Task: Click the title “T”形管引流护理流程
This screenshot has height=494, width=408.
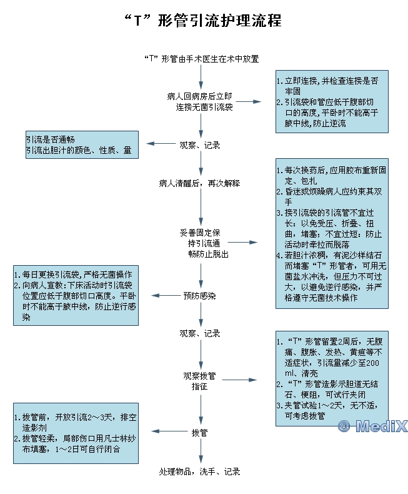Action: point(204,21)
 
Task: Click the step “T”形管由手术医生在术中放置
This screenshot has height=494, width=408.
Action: point(201,59)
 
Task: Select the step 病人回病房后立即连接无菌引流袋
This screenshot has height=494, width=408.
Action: point(200,102)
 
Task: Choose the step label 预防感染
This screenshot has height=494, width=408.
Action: point(200,295)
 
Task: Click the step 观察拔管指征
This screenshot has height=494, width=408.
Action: point(200,381)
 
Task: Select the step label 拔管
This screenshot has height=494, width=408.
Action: point(200,432)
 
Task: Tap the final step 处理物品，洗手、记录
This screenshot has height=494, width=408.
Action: point(200,471)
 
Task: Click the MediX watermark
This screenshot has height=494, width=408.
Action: point(372,426)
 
